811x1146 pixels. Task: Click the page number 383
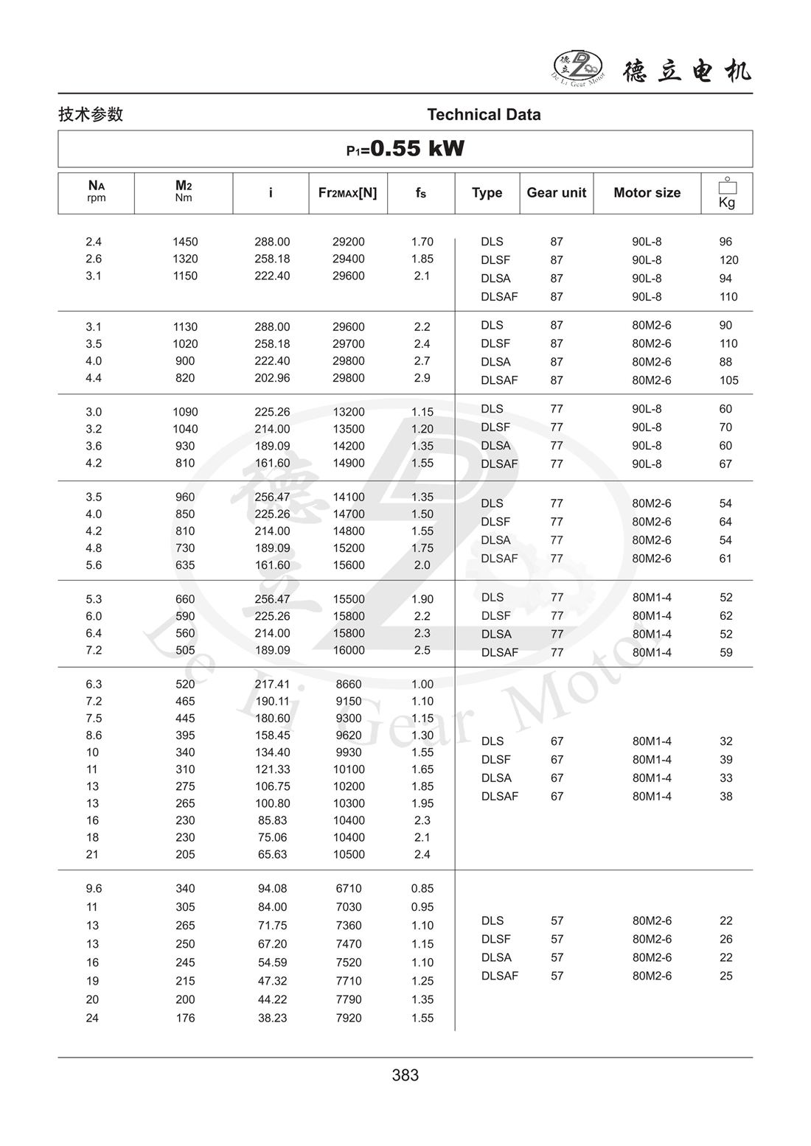pos(405,1075)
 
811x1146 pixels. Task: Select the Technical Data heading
pos(484,114)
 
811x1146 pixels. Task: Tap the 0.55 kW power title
pos(405,149)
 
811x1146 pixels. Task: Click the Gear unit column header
pos(556,192)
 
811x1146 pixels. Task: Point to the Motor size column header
pos(647,192)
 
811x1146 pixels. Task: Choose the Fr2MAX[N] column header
pos(347,192)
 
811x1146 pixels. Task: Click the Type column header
pos(487,192)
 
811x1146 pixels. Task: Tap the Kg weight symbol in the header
pos(727,193)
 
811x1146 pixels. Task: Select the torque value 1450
pos(185,242)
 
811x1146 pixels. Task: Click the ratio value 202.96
pos(272,378)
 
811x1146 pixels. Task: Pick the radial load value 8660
pos(348,685)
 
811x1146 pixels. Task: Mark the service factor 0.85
pos(422,889)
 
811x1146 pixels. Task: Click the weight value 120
pos(728,260)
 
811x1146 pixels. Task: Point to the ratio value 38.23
pos(272,1018)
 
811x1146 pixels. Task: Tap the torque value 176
pos(185,1018)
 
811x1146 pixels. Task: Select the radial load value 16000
pos(348,650)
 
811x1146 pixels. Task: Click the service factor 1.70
pos(422,242)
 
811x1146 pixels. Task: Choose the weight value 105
pos(728,380)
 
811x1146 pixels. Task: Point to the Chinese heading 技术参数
pos(91,114)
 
